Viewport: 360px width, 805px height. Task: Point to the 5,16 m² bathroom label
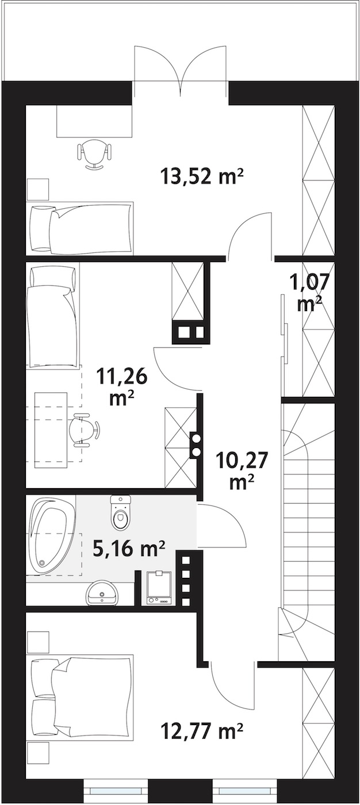pos(129,549)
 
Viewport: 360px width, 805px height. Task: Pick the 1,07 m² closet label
pos(310,293)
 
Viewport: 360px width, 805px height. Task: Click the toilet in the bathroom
pos(121,512)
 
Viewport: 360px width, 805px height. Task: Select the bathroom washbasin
pos(102,593)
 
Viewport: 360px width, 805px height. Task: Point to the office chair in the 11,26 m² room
pos(85,430)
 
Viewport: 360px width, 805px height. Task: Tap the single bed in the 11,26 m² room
pos(53,316)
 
